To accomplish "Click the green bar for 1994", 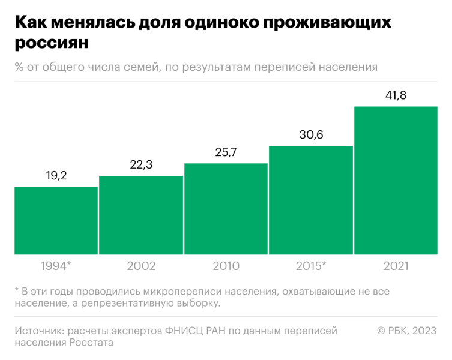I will (x=56, y=220).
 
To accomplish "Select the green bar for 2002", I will (x=141, y=215).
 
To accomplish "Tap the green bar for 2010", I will (x=226, y=209).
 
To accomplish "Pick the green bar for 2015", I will (x=311, y=200).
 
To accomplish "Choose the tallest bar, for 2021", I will (x=396, y=180).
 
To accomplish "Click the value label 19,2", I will (x=56, y=176).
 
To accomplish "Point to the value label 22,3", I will (x=141, y=165).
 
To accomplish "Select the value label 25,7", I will (x=226, y=152).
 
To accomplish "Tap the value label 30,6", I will (x=311, y=135).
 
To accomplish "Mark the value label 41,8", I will (x=396, y=95).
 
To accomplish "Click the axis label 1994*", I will (x=56, y=266).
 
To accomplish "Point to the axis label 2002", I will (x=141, y=266).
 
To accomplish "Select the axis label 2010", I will (x=226, y=266).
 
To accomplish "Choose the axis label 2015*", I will (x=311, y=266).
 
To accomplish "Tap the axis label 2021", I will (x=396, y=266).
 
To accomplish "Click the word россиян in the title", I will (x=51, y=44).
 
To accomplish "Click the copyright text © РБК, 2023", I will (x=406, y=331).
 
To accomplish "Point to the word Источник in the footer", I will (x=38, y=331).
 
